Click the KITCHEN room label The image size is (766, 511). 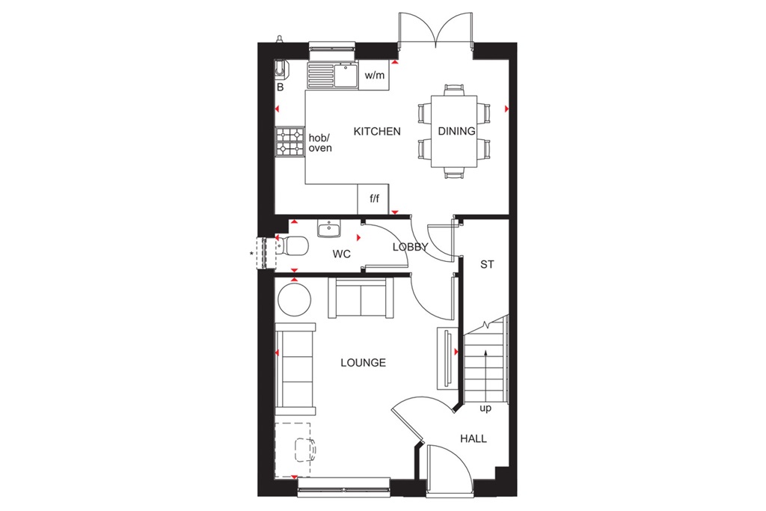(x=377, y=132)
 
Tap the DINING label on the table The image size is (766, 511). (x=456, y=132)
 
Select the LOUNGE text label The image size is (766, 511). (x=363, y=363)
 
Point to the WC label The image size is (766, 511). (x=342, y=254)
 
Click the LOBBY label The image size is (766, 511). (x=410, y=247)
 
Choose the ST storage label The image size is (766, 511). (x=488, y=264)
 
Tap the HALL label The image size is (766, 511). (x=474, y=438)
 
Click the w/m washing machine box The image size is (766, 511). (x=374, y=75)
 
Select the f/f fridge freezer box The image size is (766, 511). (x=374, y=199)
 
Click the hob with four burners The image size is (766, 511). (x=290, y=142)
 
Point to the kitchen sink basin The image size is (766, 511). (x=346, y=73)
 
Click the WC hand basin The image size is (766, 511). (x=328, y=227)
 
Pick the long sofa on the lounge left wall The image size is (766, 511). (x=295, y=367)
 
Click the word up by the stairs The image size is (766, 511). (x=485, y=409)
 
